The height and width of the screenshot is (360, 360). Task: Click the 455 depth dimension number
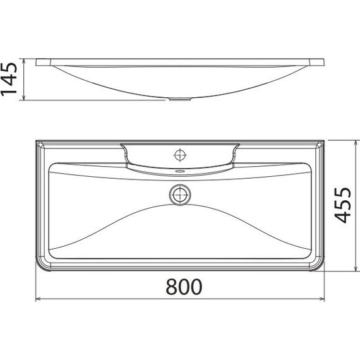(342, 205)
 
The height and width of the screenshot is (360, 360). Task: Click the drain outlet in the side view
(181, 99)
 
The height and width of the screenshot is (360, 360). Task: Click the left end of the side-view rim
(37, 63)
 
